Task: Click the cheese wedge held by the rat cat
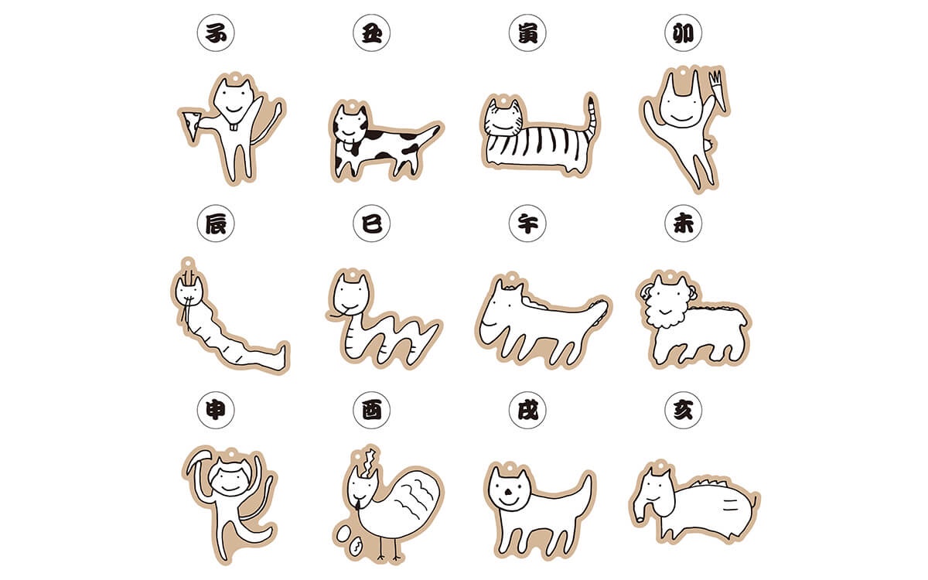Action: click(191, 125)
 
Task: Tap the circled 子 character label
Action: click(216, 32)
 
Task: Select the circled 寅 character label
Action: click(527, 32)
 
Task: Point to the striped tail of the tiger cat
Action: click(592, 117)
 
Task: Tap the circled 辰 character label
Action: click(216, 223)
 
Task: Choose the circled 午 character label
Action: click(527, 223)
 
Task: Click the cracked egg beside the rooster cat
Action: click(356, 548)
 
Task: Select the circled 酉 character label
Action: click(371, 410)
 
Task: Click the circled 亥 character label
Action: click(683, 410)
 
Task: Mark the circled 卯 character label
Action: click(683, 32)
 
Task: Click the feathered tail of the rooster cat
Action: click(415, 495)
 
